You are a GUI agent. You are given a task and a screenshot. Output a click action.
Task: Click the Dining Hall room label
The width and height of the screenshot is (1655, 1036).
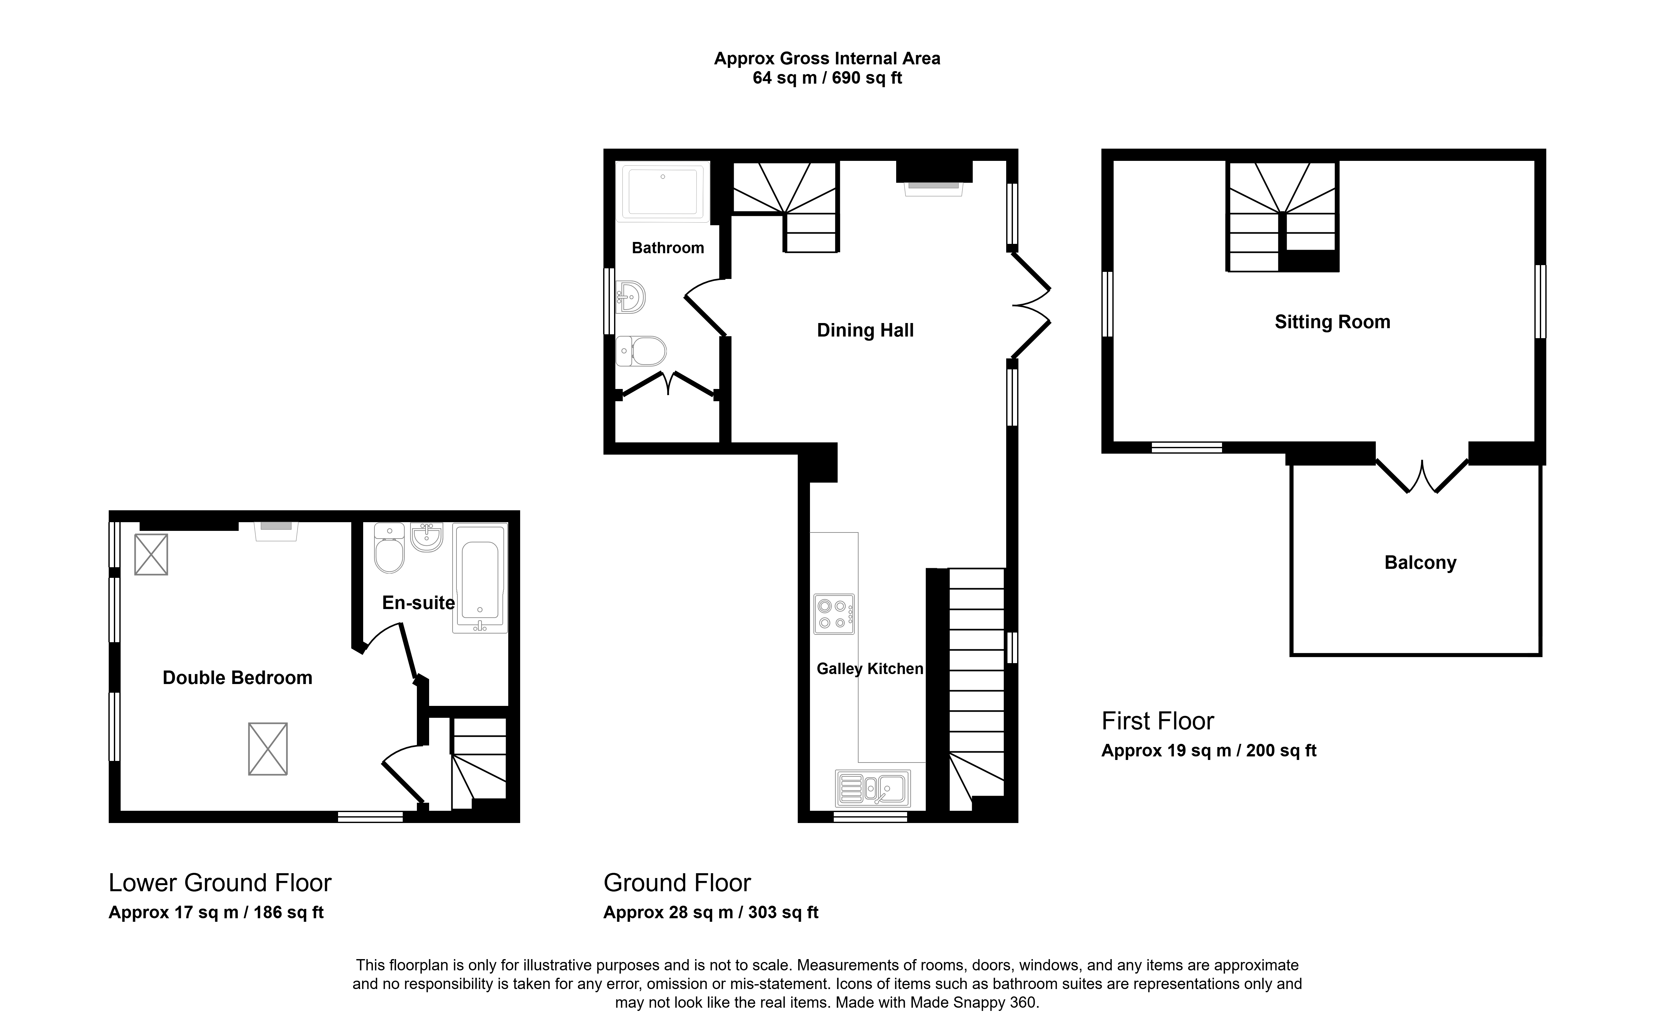pos(865,330)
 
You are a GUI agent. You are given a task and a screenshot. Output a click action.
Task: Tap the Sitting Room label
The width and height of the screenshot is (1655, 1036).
pos(1332,322)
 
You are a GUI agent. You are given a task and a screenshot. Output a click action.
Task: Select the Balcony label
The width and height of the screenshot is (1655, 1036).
pos(1420,562)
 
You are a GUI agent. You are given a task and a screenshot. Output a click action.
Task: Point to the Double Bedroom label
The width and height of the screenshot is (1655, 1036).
pos(237,678)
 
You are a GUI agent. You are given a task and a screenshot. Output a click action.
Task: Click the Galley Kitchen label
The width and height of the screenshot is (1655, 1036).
pos(870,669)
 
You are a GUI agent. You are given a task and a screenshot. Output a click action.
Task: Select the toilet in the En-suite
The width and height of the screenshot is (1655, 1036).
pos(389,548)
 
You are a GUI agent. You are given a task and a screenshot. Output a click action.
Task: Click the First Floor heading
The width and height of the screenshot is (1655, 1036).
pos(1158,721)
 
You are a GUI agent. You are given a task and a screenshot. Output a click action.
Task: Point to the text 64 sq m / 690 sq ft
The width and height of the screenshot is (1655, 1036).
pos(827,78)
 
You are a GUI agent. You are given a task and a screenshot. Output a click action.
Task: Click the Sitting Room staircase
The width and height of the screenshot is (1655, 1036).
pos(1282,217)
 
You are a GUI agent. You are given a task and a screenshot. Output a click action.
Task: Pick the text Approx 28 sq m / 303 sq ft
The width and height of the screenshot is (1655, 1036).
pos(711,913)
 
